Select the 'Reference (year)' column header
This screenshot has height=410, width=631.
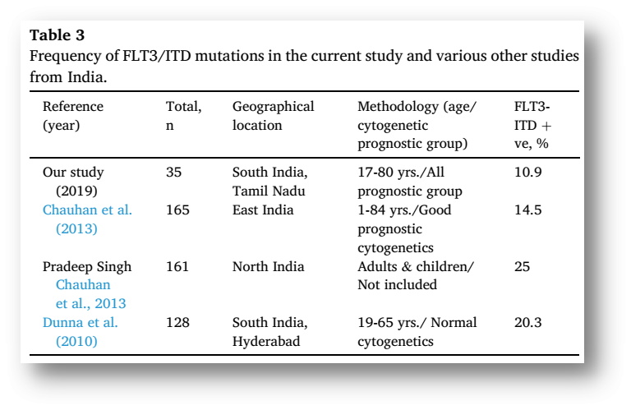[x=73, y=117]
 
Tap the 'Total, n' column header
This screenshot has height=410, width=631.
[x=183, y=117]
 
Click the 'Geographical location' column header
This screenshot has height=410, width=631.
[x=273, y=117]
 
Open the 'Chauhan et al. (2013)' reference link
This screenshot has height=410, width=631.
[x=87, y=219]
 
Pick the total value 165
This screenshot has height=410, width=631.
[x=177, y=210]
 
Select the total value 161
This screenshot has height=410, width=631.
[x=177, y=266]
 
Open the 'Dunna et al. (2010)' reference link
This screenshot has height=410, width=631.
[x=81, y=331]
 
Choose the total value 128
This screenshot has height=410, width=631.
[x=177, y=323]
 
